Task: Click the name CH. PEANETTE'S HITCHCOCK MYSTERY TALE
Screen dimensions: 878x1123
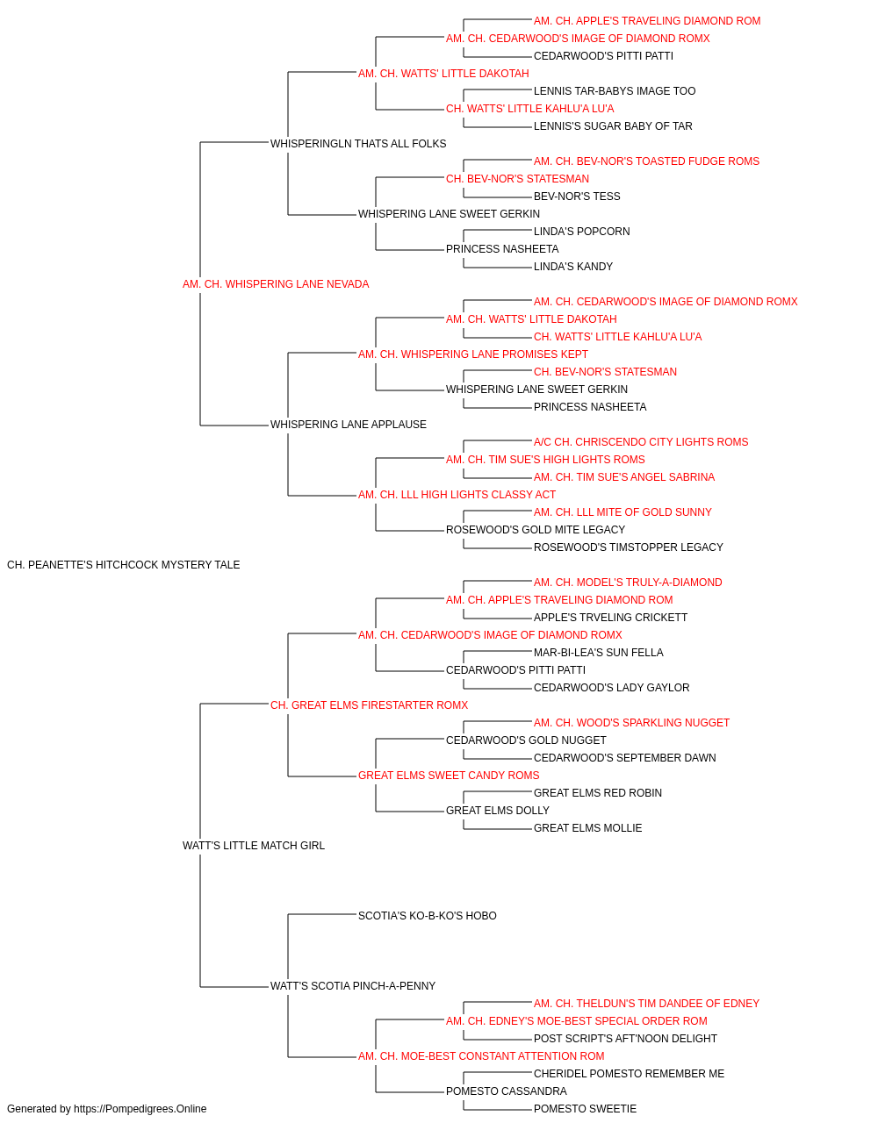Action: click(123, 565)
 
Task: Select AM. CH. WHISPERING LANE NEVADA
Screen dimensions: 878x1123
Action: click(276, 284)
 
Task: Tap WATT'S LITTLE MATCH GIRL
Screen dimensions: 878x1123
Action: click(254, 846)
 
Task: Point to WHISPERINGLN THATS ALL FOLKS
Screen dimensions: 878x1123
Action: click(358, 144)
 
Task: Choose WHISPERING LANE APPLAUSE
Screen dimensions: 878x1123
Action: click(348, 425)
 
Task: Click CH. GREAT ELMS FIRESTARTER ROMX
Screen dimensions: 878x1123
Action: click(369, 705)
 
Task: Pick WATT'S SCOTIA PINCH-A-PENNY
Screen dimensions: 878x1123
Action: click(353, 985)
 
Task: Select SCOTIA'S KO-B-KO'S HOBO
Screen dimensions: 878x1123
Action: click(427, 916)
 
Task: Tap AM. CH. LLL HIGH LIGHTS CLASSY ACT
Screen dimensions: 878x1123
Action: click(457, 495)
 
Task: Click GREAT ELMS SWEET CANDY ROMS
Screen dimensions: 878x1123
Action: click(449, 776)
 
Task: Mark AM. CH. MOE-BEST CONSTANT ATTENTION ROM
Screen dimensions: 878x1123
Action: click(481, 1055)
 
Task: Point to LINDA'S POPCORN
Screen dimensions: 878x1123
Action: click(582, 232)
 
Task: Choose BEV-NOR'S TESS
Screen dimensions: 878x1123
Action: click(577, 197)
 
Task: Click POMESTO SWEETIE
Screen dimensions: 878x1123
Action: click(585, 1109)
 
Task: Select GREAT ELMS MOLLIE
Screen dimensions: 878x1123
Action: click(587, 828)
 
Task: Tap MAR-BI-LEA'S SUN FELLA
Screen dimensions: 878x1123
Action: click(598, 653)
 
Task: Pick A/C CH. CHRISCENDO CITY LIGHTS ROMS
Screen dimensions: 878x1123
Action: click(641, 442)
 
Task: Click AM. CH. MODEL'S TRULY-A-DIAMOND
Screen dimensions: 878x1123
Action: click(628, 583)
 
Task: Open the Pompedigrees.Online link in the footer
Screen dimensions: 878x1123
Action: click(140, 1109)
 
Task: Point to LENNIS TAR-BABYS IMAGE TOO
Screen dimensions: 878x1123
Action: click(615, 91)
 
